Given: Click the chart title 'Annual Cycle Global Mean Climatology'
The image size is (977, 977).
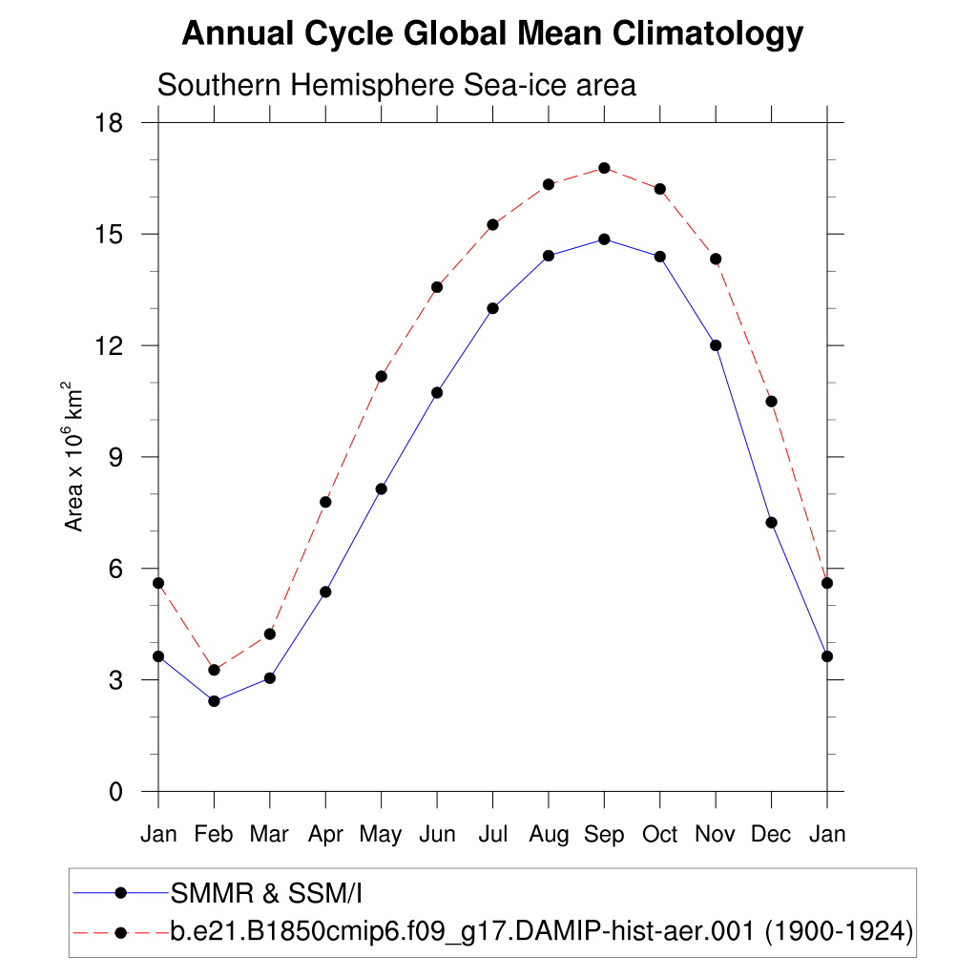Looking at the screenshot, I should (492, 35).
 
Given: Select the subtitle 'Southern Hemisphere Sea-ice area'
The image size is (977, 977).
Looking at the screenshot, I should (396, 85).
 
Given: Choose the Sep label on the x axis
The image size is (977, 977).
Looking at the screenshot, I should (604, 835).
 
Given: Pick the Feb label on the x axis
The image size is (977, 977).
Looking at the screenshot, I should (214, 835).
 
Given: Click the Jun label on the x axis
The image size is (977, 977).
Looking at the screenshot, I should (437, 835).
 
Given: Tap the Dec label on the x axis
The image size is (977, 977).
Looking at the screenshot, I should (771, 835).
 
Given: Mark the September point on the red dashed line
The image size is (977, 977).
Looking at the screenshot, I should (604, 168).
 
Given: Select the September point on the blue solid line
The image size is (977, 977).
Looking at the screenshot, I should (604, 239).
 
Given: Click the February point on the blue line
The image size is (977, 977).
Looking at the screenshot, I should (214, 701).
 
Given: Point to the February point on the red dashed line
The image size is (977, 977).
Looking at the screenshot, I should (214, 670).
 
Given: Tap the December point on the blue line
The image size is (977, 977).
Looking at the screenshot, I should (771, 522).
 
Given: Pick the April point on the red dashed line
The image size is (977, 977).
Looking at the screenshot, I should (325, 502).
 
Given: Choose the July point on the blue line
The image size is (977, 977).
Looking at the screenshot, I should (492, 308).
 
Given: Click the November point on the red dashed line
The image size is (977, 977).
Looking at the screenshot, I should (716, 259).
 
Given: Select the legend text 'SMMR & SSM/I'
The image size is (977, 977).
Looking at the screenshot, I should (267, 893).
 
